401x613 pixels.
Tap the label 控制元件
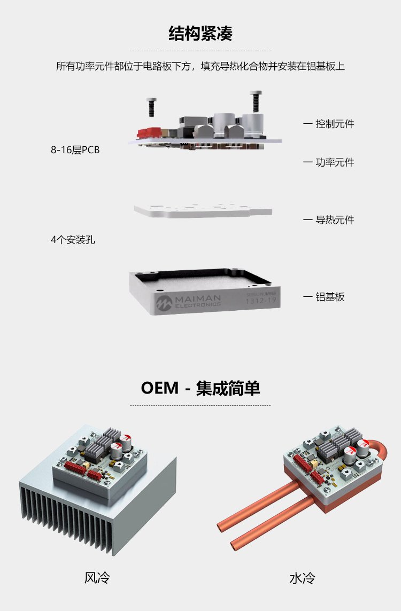click(335, 124)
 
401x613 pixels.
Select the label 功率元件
click(335, 162)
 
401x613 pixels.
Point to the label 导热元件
click(335, 220)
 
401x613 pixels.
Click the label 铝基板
click(330, 297)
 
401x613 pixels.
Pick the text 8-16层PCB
click(75, 150)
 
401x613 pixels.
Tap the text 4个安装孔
click(73, 240)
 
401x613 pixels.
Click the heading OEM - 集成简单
click(200, 388)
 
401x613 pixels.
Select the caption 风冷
click(97, 578)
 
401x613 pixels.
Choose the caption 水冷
click(302, 578)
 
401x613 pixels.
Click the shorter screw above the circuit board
click(151, 107)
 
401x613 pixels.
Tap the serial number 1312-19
click(261, 301)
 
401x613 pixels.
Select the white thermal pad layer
click(203, 210)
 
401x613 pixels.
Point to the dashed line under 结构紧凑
click(200, 51)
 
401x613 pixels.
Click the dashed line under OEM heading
click(200, 405)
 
